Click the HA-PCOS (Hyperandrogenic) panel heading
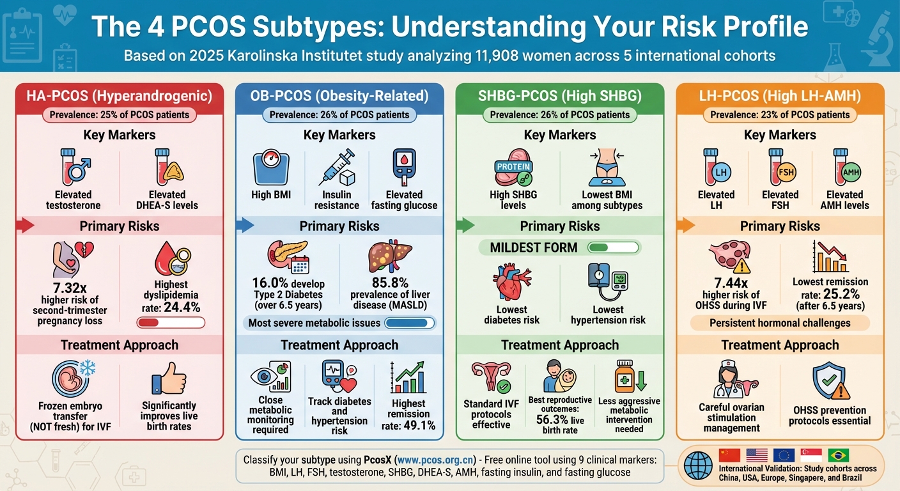120,96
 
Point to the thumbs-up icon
169,378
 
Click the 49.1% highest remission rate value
419,425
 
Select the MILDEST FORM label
534,247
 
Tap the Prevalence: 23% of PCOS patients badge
780,115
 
